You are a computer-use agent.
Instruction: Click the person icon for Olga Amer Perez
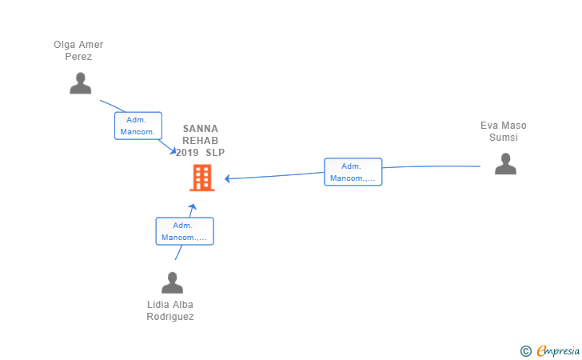pyautogui.click(x=80, y=83)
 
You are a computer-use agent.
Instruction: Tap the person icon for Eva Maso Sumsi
pyautogui.click(x=505, y=164)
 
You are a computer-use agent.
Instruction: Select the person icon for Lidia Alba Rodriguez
pyautogui.click(x=172, y=282)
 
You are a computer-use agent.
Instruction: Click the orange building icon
pyautogui.click(x=202, y=178)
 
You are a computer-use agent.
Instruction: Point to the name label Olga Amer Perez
pyautogui.click(x=78, y=50)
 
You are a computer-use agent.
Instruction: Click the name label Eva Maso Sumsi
pyautogui.click(x=504, y=131)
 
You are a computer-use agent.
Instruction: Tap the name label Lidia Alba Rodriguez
pyautogui.click(x=170, y=310)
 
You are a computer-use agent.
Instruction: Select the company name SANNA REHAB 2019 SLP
pyautogui.click(x=200, y=141)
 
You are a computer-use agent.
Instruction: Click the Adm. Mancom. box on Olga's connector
pyautogui.click(x=138, y=126)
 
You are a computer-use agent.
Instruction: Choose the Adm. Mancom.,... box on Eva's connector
pyautogui.click(x=353, y=172)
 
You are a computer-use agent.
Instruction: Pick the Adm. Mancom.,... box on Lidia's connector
pyautogui.click(x=185, y=231)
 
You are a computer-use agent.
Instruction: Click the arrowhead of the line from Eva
pyautogui.click(x=228, y=178)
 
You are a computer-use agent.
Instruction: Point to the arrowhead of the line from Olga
pyautogui.click(x=173, y=150)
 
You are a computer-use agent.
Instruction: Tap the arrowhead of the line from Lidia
pyautogui.click(x=192, y=207)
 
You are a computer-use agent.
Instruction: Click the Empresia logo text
pyautogui.click(x=558, y=350)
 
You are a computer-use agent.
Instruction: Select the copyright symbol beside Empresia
pyautogui.click(x=526, y=351)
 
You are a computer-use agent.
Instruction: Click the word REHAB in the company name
pyautogui.click(x=200, y=141)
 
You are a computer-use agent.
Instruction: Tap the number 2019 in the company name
pyautogui.click(x=187, y=152)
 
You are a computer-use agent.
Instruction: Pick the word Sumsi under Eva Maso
pyautogui.click(x=504, y=138)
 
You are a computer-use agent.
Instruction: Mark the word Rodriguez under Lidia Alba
pyautogui.click(x=170, y=317)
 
